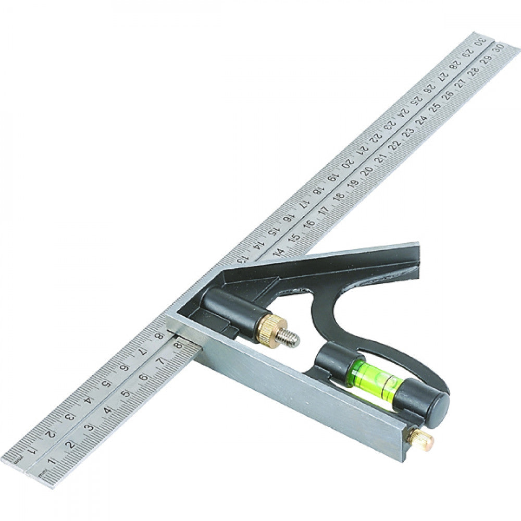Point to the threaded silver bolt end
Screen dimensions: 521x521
(288, 339)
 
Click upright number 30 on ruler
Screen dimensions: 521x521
(499, 48)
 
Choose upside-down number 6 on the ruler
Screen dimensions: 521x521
(125, 368)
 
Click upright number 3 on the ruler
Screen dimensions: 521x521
(90, 427)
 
